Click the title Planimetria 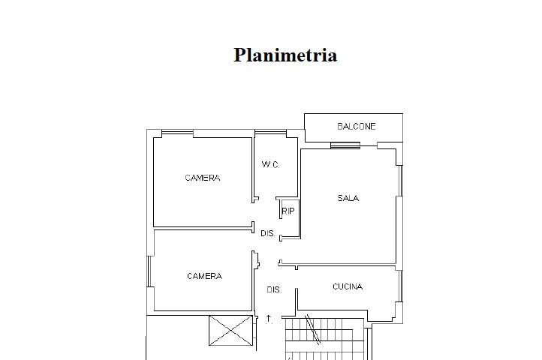click(285, 55)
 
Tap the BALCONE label click(357, 127)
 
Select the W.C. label click(270, 164)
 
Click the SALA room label click(348, 198)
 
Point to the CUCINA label click(348, 286)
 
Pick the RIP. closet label click(289, 211)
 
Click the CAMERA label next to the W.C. click(203, 178)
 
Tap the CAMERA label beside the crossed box click(204, 276)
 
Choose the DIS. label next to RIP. click(268, 233)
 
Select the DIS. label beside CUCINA click(274, 289)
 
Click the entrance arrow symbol click(269, 319)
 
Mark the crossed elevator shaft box click(231, 331)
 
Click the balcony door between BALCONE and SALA click(345, 145)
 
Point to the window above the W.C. click(270, 133)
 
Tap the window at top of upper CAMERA click(177, 133)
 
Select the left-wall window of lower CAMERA click(149, 271)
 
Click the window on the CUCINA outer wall click(401, 286)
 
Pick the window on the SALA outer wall click(401, 181)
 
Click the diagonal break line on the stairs click(313, 329)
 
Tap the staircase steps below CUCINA click(324, 339)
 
